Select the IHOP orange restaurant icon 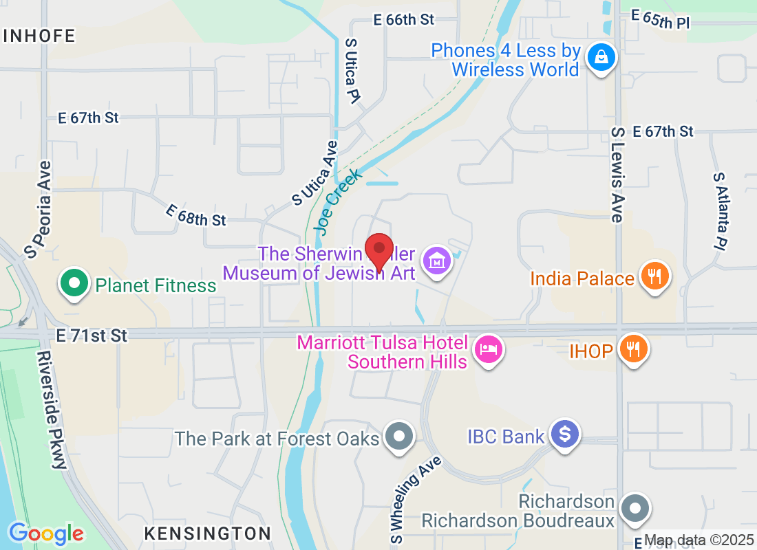coord(630,349)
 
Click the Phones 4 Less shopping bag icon coord(601,58)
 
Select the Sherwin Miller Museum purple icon coord(437,262)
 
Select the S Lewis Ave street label coord(617,175)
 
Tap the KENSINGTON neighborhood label coord(208,533)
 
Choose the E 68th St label coord(196,215)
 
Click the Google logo coord(46,533)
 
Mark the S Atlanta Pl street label coord(720,210)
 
